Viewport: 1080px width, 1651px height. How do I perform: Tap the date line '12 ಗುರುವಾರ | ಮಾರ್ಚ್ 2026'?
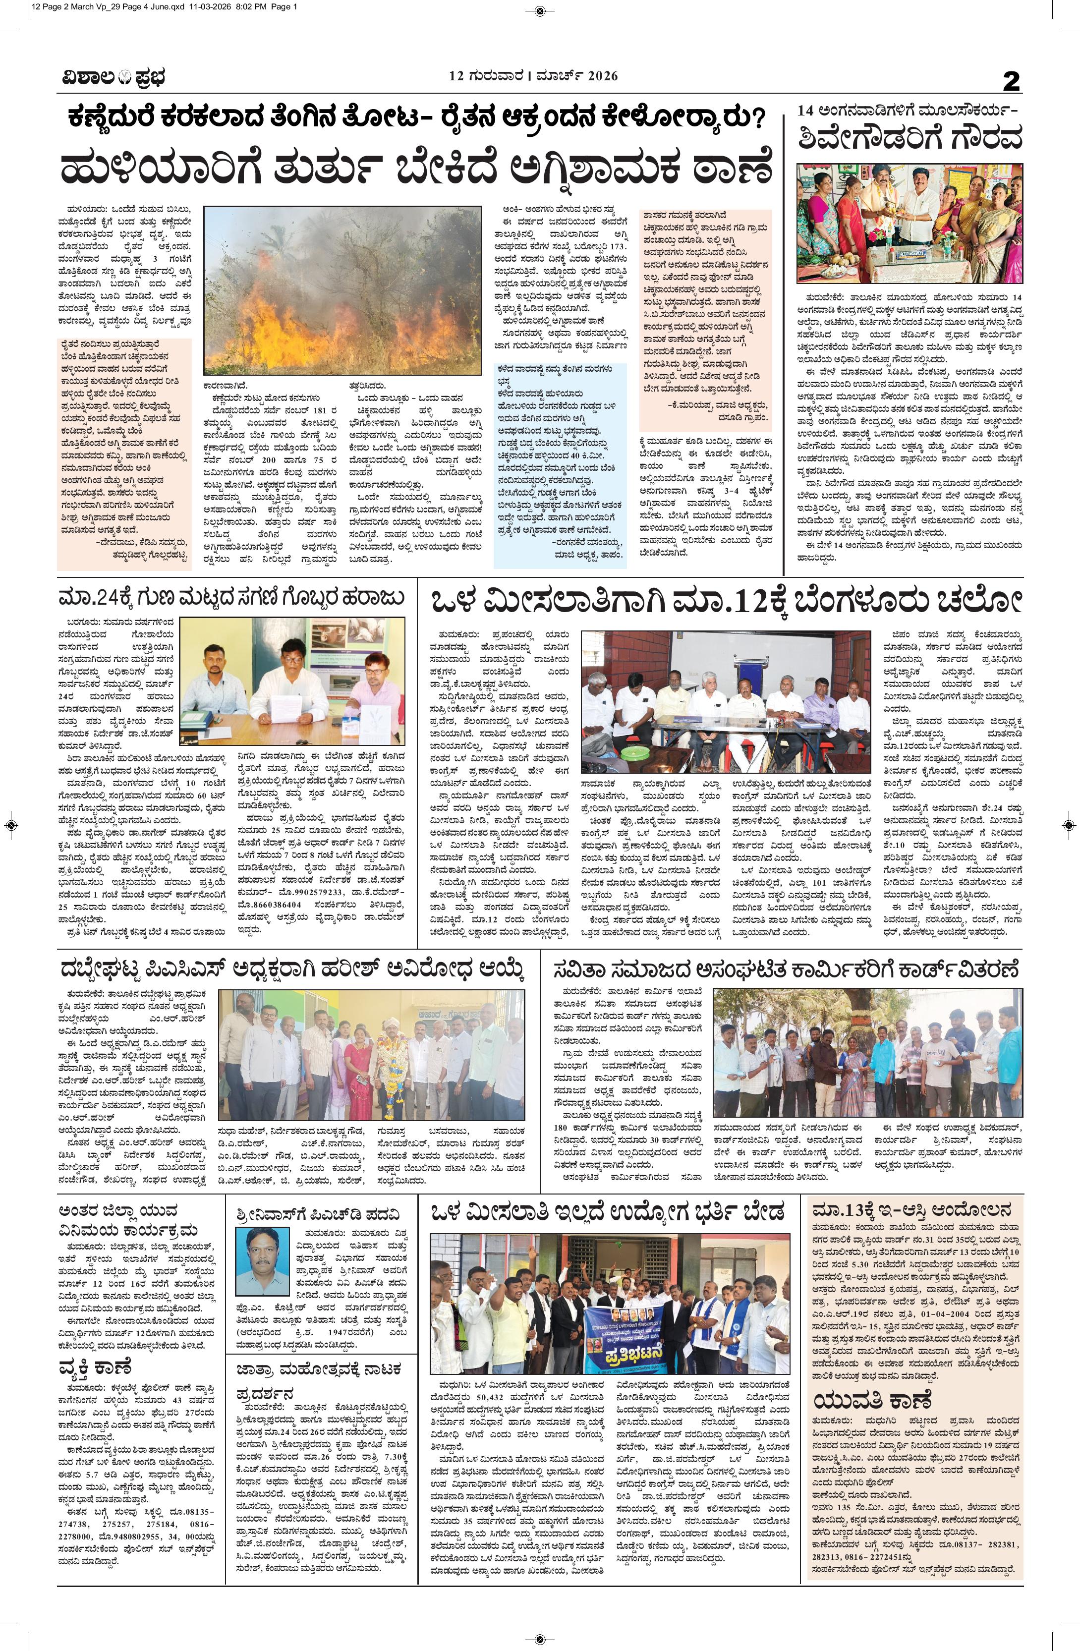(x=531, y=76)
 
